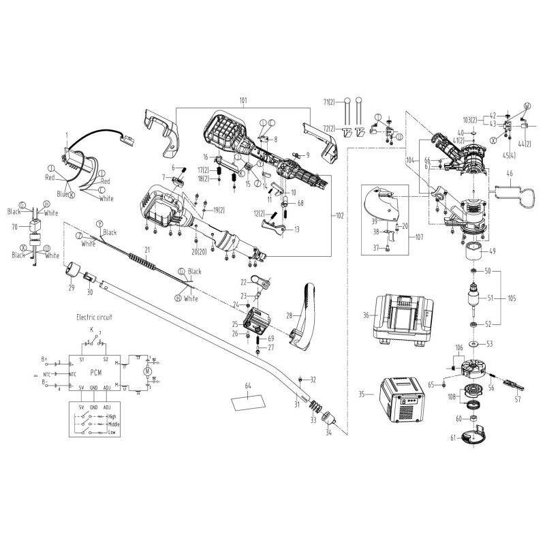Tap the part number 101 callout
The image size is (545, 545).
243,100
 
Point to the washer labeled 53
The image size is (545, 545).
472,344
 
